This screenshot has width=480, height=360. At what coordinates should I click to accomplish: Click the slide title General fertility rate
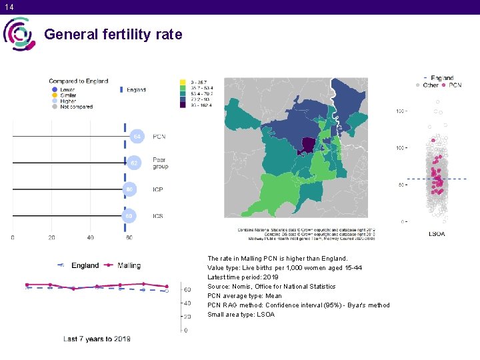113,34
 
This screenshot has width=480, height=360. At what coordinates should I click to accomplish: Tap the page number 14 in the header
9,7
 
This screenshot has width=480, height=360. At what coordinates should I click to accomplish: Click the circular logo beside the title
20,34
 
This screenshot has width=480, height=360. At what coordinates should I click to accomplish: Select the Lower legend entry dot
54,89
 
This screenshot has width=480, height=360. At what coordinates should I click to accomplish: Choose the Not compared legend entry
75,107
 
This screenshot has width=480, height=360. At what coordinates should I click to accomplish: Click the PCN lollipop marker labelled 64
137,137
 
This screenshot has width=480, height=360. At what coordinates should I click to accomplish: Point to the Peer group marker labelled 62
134,163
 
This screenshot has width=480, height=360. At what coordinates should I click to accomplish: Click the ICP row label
158,189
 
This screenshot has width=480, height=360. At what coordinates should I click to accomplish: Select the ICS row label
158,216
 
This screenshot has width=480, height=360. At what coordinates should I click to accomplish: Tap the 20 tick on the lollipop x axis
51,237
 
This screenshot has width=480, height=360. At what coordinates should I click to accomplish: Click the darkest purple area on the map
309,145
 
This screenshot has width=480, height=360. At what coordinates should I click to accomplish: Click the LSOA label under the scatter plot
436,234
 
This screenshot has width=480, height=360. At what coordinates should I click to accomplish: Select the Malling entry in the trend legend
128,265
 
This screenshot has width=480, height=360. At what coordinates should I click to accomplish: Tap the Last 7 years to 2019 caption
97,339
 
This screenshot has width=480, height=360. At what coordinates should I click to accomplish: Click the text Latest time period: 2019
243,277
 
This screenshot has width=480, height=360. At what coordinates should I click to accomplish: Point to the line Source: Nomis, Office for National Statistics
271,286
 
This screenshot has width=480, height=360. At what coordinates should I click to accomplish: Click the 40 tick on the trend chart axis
187,303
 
